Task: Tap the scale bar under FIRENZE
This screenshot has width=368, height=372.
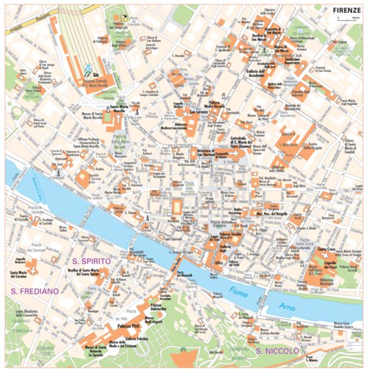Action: (x=350, y=18)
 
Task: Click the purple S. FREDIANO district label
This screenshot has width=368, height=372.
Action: (x=34, y=291)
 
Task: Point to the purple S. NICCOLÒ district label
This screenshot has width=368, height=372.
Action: (x=278, y=351)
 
